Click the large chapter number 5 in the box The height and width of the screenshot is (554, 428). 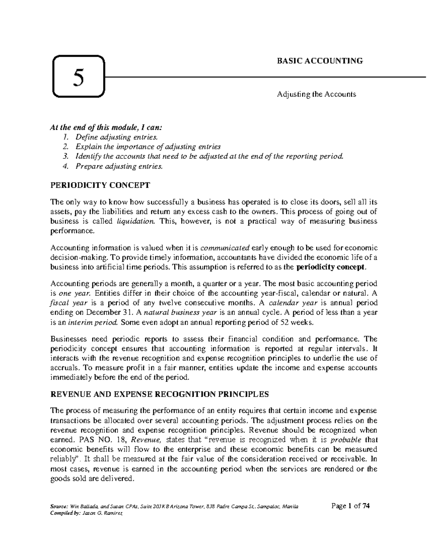coord(78,77)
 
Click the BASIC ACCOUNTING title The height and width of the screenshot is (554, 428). coord(320,61)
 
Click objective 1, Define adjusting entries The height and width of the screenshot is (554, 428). coord(116,137)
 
